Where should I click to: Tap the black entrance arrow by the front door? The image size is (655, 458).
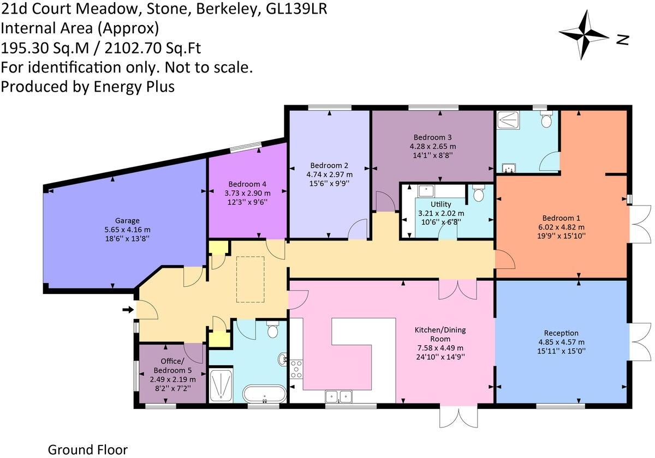point(128,310)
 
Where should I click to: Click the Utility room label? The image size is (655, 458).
point(440,204)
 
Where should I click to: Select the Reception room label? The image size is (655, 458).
point(561,333)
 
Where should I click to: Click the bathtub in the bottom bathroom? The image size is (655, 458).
point(265,392)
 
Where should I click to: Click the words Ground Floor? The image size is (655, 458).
point(88,450)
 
